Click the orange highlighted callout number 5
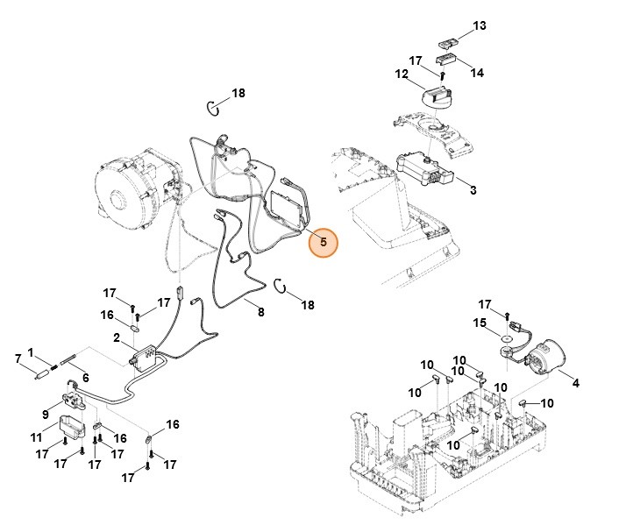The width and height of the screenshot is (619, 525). tap(323, 242)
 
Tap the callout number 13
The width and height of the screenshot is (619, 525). tap(479, 26)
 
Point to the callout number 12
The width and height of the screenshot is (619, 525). tap(402, 75)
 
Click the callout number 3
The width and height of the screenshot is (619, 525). tap(473, 189)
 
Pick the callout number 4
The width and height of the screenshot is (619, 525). tap(575, 382)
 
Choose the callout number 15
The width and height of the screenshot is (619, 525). tap(480, 323)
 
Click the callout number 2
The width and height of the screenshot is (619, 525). tap(116, 337)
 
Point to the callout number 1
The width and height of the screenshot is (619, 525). tap(31, 352)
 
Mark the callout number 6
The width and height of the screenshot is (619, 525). tap(85, 378)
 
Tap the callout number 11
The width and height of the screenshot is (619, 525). tap(36, 436)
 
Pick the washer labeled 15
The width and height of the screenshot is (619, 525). tap(508, 335)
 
